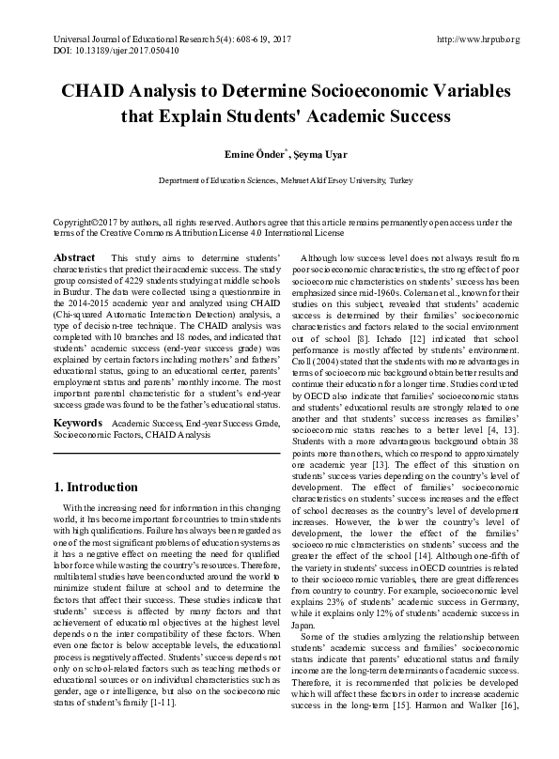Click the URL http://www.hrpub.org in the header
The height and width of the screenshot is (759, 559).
coord(479,39)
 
